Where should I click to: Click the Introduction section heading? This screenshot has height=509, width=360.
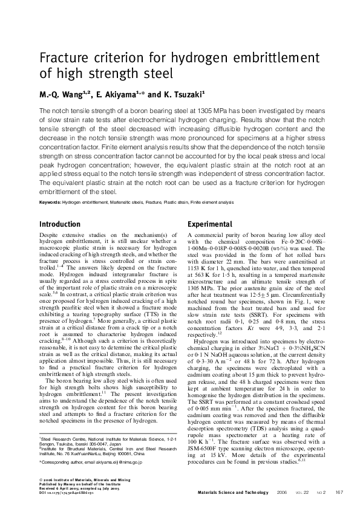point(59,224)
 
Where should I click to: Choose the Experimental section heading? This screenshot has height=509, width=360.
point(210,224)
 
